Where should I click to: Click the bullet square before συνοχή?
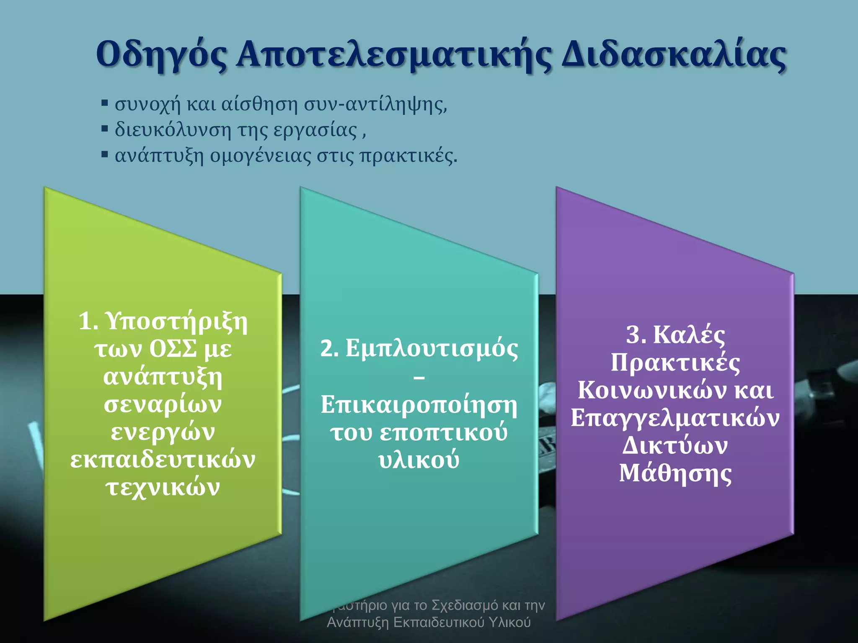pos(105,103)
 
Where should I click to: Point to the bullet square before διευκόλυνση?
pos(105,129)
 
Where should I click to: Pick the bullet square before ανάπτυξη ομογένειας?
pos(105,154)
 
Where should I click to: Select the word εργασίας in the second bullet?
pos(315,130)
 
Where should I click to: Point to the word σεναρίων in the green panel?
pos(163,404)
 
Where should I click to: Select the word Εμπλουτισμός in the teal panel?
pos(432,349)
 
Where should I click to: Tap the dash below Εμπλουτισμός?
pos(419,378)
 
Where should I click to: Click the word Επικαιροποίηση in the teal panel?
pos(419,405)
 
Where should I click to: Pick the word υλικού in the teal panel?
pos(419,460)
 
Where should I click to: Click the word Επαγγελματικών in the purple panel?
pos(675,418)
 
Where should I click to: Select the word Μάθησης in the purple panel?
pos(675,474)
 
